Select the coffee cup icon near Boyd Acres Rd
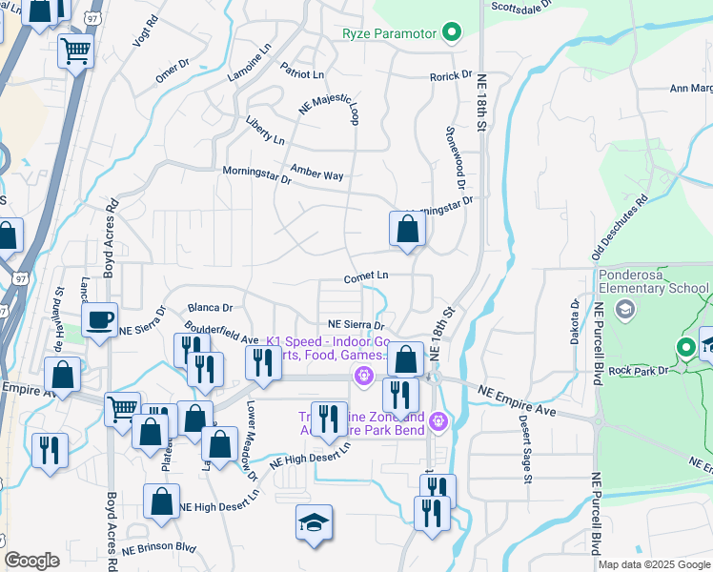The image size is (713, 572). coord(99,321)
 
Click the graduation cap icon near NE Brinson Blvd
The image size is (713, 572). coord(314,523)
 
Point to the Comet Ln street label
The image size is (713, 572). coord(366,276)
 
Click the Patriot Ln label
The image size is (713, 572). coord(302,71)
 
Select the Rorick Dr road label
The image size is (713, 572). coord(451,74)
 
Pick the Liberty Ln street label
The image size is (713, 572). coord(265,132)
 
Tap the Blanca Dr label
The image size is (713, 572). coord(211,308)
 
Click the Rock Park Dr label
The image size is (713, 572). coord(640,371)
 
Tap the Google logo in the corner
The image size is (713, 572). coord(31,561)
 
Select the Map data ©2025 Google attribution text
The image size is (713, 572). coord(653,564)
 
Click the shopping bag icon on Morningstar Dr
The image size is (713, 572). coord(407,229)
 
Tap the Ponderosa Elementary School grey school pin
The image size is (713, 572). coord(625,308)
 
